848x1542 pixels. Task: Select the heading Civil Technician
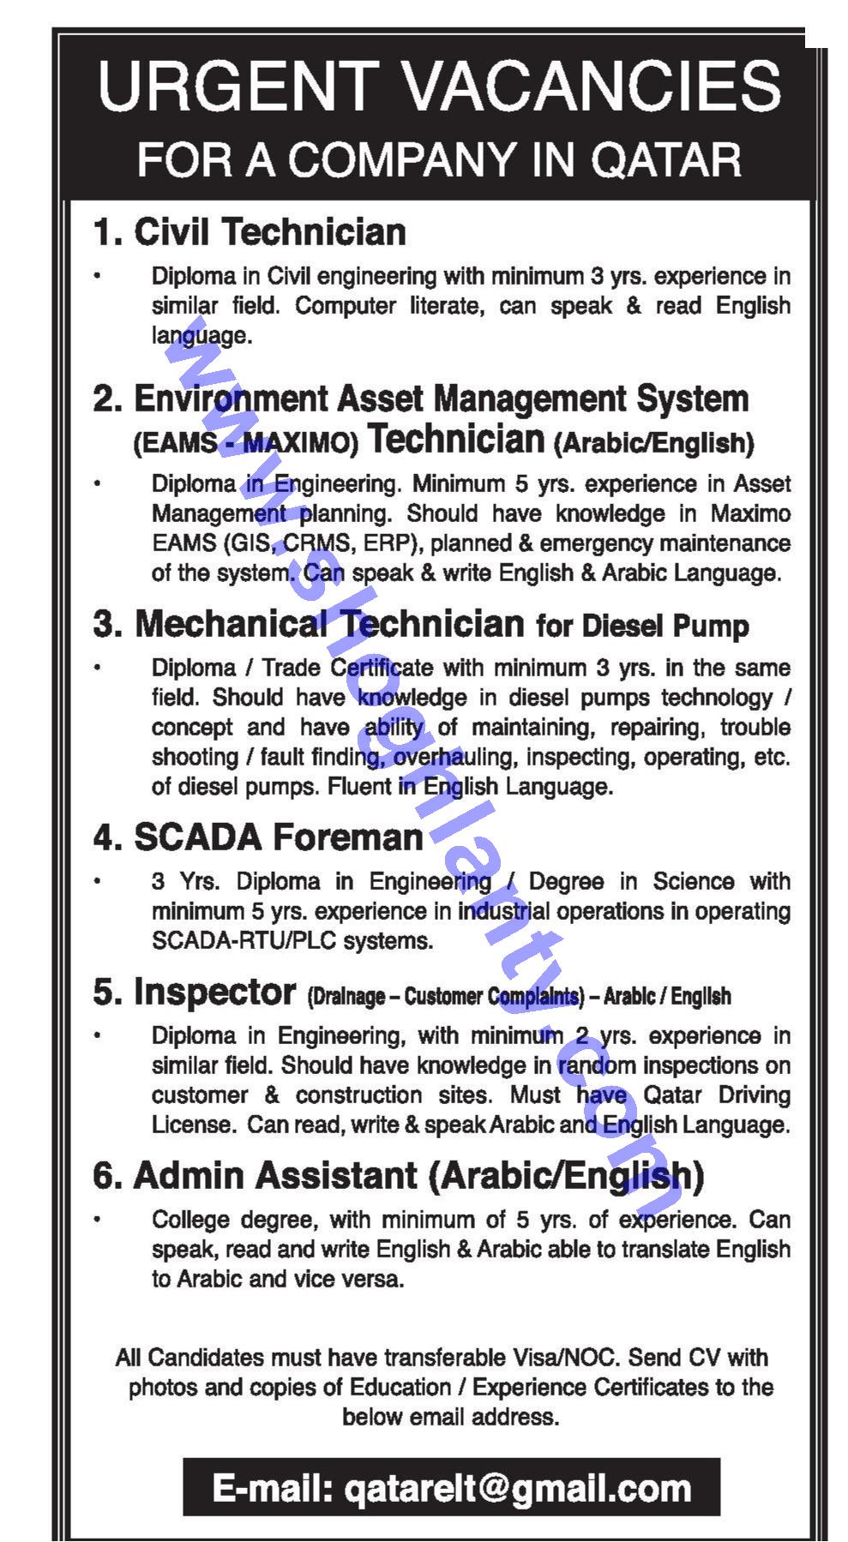269,232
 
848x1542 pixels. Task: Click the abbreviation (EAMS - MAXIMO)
245,443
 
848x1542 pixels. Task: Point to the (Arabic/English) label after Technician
653,443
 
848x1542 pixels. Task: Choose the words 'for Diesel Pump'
642,626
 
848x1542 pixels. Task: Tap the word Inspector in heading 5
214,993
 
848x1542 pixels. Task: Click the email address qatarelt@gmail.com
517,1489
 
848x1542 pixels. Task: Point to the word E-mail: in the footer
273,1489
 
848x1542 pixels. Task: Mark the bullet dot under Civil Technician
99,276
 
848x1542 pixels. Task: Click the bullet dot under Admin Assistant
99,1220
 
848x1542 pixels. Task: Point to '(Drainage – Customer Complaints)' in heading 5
445,996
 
